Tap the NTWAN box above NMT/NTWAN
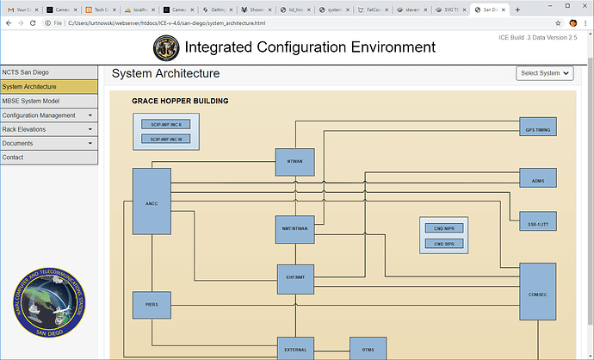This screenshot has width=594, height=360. (294, 160)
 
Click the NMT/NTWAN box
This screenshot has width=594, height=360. (294, 228)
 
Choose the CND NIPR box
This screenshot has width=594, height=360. (444, 228)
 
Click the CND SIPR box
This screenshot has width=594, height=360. (444, 244)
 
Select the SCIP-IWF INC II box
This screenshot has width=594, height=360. (170, 125)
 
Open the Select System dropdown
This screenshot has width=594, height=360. (545, 73)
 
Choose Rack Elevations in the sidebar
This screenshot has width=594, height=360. (48, 129)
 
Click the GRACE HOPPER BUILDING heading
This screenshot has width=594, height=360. (180, 102)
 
